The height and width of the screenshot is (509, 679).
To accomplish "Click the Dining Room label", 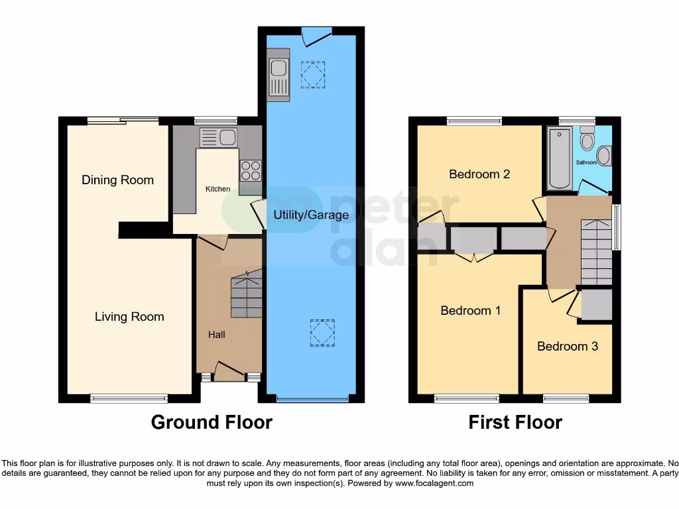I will point(117,180).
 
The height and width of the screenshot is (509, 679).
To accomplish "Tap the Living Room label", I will point(129,316).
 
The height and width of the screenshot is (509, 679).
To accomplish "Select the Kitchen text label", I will point(217,189).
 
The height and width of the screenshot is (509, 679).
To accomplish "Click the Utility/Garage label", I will point(311,215).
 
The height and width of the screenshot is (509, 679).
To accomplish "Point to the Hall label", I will point(216,335).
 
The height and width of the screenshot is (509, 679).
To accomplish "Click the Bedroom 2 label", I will point(479,174).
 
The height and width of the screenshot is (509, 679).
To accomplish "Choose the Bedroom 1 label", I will point(471,310).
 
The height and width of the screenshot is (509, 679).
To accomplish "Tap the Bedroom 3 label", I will point(567,346).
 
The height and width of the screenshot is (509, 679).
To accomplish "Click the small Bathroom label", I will point(586,162).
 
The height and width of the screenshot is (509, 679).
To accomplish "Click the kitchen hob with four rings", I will point(251,170).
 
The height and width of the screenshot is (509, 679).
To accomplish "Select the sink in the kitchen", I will point(219,138).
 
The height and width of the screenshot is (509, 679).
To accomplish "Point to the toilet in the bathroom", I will point(587,141).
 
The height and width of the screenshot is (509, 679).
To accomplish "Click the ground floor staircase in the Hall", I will point(246,296).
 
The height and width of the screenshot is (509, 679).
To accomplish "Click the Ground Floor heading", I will point(212,422).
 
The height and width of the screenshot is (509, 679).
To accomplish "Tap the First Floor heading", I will point(515,422).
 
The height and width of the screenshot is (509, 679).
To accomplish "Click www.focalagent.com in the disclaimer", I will point(434,483).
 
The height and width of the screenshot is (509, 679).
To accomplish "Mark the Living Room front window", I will point(129,398).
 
